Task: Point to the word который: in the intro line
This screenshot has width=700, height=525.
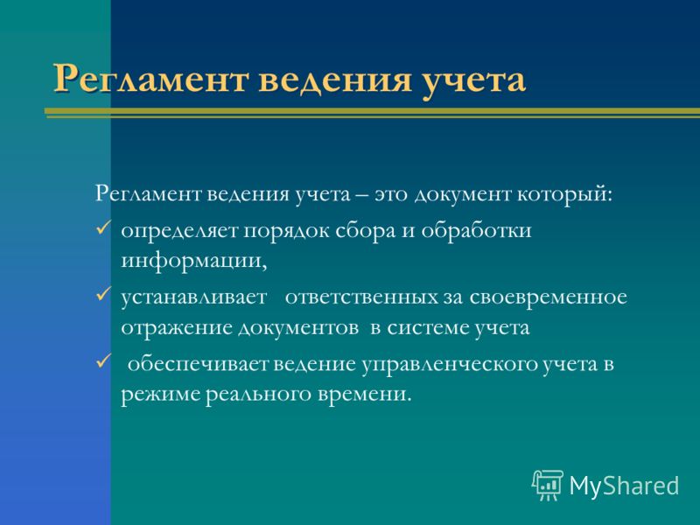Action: pos(564,195)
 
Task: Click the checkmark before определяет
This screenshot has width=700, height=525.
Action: pos(103,229)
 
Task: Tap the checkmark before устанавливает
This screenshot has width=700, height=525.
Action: pos(103,295)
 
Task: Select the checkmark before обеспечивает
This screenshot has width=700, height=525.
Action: pos(103,360)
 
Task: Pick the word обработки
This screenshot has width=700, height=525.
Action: pos(476,230)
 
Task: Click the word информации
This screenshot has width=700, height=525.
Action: pos(193,261)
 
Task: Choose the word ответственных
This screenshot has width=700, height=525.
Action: pos(361,297)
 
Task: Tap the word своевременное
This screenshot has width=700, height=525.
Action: pos(549,297)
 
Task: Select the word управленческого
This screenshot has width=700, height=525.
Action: pos(450,365)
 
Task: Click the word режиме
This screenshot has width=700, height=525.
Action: pos(160,395)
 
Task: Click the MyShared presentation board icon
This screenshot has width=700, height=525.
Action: pos(548,486)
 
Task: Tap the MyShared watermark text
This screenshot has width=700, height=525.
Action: pos(624,486)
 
